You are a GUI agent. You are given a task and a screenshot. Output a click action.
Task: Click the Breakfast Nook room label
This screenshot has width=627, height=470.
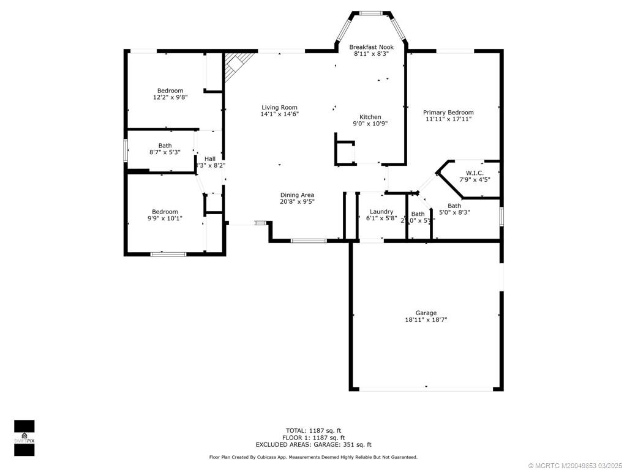371,47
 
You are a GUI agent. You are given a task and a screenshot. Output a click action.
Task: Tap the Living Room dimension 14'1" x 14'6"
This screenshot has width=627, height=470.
280,114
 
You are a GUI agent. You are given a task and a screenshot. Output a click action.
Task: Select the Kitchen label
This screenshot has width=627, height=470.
370,117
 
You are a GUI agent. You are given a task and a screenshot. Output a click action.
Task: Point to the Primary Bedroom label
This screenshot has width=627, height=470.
448,113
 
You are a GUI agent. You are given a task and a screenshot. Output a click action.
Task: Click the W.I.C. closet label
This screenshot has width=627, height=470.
475,173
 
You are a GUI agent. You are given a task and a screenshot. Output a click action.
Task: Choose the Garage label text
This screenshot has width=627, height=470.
426,313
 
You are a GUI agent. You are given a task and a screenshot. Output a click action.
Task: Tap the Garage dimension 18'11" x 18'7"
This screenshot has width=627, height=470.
426,320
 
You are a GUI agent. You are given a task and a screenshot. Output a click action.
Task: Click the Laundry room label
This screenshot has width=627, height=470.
381,212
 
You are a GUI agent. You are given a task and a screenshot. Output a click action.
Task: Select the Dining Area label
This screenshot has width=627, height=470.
297,195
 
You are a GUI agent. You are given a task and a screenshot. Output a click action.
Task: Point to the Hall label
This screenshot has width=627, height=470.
210,159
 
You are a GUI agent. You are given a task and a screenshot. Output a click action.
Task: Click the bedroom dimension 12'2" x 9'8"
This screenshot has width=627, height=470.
170,97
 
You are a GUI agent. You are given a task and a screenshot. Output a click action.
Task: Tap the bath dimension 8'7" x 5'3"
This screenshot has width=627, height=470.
165,152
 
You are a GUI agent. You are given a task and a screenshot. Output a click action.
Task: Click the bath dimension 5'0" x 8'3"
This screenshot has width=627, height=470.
454,213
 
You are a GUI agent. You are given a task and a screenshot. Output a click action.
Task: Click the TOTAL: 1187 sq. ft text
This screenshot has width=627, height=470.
313,430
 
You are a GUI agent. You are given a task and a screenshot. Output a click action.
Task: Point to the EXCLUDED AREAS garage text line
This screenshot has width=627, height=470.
313,445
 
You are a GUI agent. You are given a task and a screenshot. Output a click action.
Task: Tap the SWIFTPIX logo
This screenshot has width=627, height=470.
24,438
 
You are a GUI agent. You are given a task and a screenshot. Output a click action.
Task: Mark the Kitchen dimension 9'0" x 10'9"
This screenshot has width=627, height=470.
370,124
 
